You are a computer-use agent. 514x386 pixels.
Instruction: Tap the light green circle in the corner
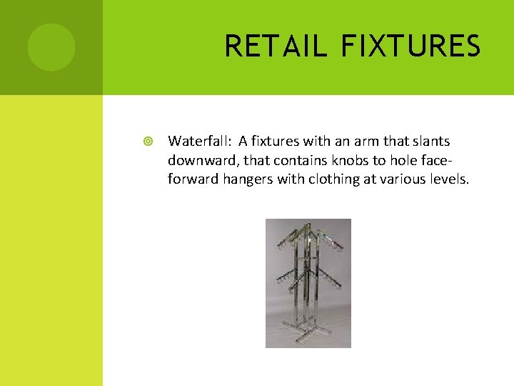pyautogui.click(x=51, y=47)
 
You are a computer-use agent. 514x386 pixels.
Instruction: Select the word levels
pyautogui.click(x=448, y=179)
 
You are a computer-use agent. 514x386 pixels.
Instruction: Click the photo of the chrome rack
pyautogui.click(x=308, y=283)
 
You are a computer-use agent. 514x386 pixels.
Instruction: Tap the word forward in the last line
pyautogui.click(x=191, y=179)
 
